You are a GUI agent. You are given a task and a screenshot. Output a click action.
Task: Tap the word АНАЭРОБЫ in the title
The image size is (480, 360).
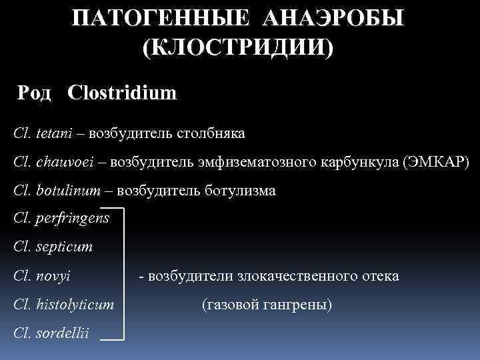(x=333, y=19)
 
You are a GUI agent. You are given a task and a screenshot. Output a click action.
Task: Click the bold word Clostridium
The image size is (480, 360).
(x=122, y=93)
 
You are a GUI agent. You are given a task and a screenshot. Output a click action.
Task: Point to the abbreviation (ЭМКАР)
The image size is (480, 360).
(x=436, y=162)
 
